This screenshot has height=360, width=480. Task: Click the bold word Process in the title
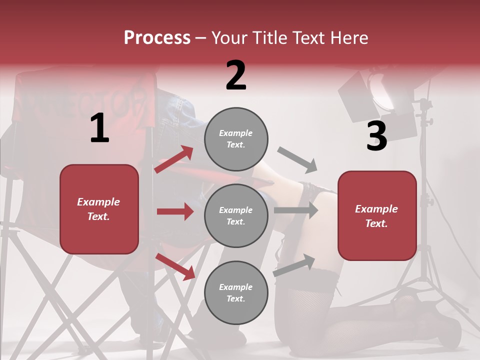click(157, 38)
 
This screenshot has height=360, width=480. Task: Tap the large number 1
click(99, 128)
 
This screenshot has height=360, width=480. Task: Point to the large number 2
click(236, 75)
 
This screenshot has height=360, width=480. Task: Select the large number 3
click(376, 136)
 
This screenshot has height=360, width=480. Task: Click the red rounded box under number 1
click(99, 209)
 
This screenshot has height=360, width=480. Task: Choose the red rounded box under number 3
click(377, 215)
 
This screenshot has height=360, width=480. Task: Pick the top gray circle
click(236, 139)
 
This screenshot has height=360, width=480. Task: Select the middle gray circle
click(236, 215)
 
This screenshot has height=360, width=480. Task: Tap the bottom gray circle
click(236, 292)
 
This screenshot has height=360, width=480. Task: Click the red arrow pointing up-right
click(174, 159)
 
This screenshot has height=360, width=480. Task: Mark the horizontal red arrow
click(175, 211)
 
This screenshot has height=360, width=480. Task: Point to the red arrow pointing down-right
click(175, 266)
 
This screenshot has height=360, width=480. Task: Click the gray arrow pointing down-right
click(297, 160)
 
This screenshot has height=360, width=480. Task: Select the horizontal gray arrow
click(295, 210)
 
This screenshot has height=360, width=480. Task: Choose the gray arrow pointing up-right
click(294, 265)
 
